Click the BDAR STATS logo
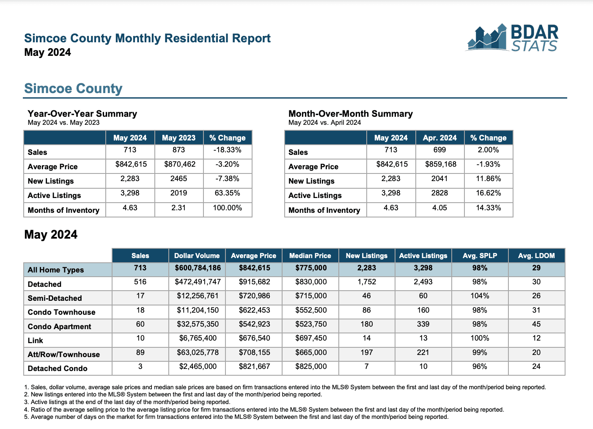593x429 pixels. (512, 38)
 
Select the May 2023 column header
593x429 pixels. (178, 137)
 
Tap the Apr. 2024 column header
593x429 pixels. (440, 137)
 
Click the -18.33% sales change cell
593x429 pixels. (228, 150)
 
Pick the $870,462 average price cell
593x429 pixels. (180, 164)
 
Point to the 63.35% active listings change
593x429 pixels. (228, 193)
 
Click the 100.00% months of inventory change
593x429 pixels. (228, 208)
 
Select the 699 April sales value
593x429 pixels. (440, 150)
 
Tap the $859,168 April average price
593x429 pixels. (441, 164)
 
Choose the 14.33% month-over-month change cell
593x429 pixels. (489, 208)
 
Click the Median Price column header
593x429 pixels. (310, 256)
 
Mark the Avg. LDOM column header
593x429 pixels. (536, 256)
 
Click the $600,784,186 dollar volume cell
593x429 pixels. (198, 268)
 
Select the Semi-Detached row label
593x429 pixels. (55, 298)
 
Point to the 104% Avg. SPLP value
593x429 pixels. (480, 296)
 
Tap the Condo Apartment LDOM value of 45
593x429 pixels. (536, 324)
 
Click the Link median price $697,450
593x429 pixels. (311, 338)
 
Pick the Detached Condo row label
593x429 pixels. (58, 368)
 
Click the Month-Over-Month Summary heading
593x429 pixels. (351, 114)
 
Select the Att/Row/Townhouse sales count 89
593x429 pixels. (140, 352)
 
